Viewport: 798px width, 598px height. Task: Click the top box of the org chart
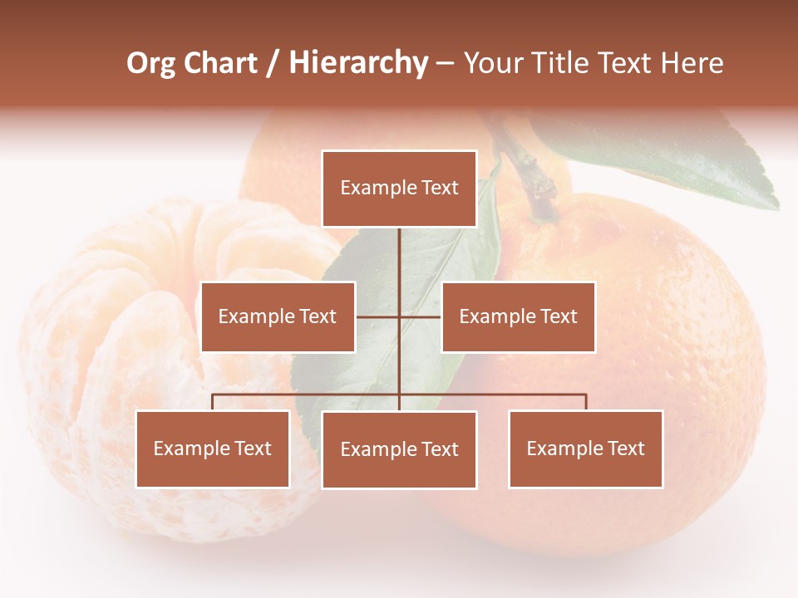399,189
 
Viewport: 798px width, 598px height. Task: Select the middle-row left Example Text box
278,316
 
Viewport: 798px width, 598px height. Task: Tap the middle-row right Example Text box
518,316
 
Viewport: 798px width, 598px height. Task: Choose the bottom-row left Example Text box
213,448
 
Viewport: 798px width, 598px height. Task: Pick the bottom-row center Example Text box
399,449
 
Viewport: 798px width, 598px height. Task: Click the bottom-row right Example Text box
585,448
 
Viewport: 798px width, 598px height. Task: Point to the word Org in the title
150,63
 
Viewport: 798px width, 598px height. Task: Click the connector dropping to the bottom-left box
213,402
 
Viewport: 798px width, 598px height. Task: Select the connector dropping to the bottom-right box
585,402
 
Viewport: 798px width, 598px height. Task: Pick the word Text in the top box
439,189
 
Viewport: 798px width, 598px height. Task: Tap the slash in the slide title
273,63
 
